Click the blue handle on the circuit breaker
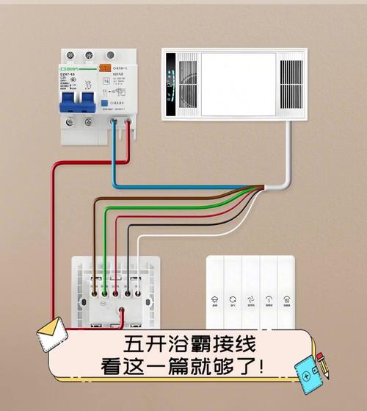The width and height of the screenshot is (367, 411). coord(77,99)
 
